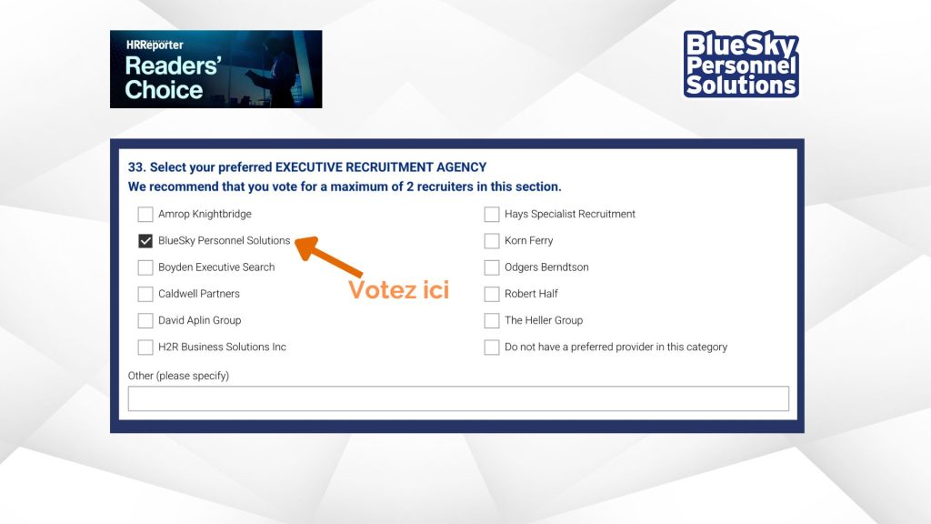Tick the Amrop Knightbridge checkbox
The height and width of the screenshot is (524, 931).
click(145, 214)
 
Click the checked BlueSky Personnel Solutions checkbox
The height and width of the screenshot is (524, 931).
click(145, 240)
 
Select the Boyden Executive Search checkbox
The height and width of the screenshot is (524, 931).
click(145, 267)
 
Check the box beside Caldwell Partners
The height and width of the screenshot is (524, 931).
click(145, 294)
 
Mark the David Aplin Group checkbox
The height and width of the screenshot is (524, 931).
click(145, 321)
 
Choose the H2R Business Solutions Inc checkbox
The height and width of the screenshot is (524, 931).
click(145, 347)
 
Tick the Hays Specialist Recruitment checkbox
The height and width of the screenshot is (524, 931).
click(492, 214)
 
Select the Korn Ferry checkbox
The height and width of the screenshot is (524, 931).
click(492, 240)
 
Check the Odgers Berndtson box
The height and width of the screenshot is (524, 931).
click(492, 267)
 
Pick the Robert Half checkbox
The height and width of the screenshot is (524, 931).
click(492, 294)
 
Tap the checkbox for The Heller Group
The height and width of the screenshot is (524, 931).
click(492, 321)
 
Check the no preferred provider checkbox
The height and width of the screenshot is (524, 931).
click(492, 347)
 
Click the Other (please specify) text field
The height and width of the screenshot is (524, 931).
click(458, 398)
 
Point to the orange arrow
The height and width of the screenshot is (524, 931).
click(328, 257)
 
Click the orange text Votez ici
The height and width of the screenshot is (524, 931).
click(398, 290)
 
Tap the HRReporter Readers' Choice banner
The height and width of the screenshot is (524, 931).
click(216, 69)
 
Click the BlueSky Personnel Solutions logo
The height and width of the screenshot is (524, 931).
click(741, 64)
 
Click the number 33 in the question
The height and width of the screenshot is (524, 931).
click(136, 167)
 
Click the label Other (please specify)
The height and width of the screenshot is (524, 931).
click(179, 376)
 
